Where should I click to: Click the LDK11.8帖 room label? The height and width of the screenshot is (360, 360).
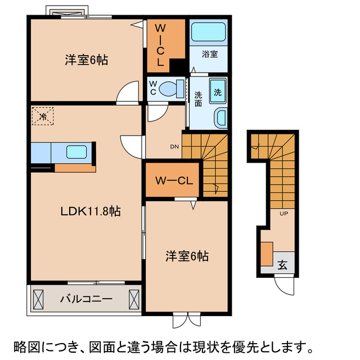click(91, 211)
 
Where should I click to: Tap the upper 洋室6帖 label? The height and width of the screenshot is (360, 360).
click(85, 60)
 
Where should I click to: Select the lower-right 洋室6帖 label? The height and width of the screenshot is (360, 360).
click(187, 256)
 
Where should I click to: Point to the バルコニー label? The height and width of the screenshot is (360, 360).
click(87, 299)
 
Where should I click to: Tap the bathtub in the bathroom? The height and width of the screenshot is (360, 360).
click(209, 32)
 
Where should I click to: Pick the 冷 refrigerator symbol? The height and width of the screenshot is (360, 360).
click(43, 116)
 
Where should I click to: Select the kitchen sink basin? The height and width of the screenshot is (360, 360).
click(76, 151)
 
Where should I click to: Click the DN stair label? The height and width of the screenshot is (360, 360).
click(174, 147)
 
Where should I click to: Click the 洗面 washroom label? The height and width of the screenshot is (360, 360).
click(199, 99)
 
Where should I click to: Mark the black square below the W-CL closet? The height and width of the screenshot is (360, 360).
click(178, 65)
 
